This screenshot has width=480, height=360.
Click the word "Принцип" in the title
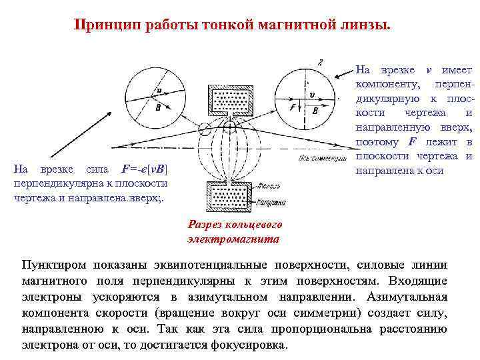[x=106, y=25]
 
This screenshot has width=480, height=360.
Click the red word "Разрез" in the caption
[x=207, y=225]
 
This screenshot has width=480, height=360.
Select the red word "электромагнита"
[x=234, y=238]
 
